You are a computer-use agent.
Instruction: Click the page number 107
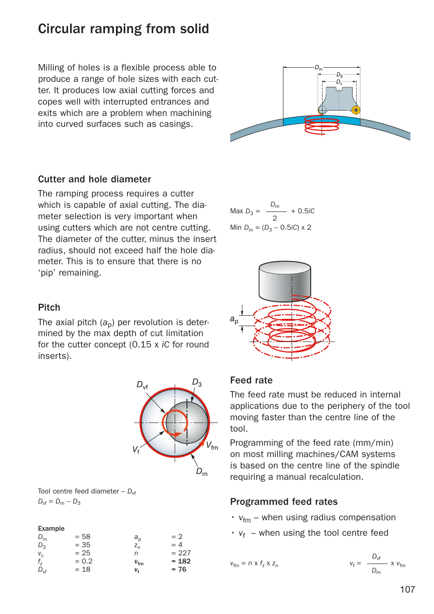407,589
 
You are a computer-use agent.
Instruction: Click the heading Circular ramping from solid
123,29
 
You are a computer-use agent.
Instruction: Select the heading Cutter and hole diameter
94,179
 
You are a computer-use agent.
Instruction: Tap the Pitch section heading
49,307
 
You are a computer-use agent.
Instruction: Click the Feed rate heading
251,380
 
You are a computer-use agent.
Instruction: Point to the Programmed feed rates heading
283,502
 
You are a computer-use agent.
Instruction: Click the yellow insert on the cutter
356,110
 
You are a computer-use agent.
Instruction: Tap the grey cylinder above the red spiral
285,282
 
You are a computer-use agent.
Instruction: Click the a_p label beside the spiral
234,320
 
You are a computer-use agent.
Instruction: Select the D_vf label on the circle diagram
142,385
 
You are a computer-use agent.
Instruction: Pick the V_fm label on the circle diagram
212,446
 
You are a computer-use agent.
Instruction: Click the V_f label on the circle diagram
136,450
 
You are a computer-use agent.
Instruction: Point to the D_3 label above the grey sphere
197,382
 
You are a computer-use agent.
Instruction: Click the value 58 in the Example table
86,537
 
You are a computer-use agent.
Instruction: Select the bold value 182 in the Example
184,561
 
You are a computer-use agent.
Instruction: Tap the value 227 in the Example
184,553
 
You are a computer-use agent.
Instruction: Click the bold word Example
51,528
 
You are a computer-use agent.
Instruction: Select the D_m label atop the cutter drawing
318,68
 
